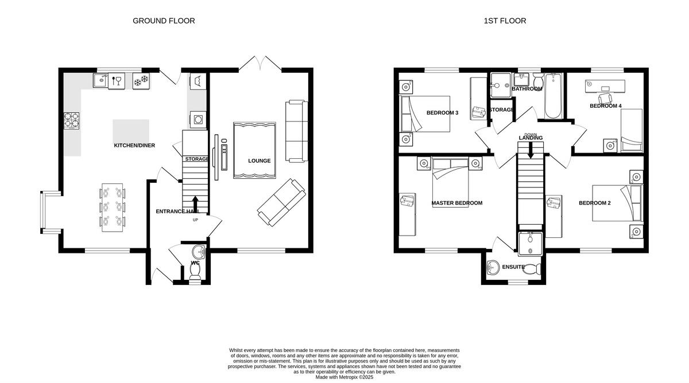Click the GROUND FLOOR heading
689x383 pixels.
click(164, 21)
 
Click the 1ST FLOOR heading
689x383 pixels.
click(505, 21)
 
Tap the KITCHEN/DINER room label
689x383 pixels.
click(134, 146)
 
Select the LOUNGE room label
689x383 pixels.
click(259, 161)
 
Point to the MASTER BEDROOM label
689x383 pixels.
click(456, 203)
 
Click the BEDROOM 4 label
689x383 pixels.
click(605, 106)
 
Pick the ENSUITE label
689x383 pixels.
click(513, 267)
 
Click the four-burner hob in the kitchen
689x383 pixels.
click(72, 120)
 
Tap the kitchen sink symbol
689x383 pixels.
click(100, 81)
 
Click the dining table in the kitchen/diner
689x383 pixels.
click(113, 207)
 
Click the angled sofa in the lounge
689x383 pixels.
click(281, 202)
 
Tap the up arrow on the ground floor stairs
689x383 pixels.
click(195, 204)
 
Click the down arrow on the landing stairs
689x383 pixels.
click(531, 151)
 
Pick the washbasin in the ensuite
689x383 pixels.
click(493, 267)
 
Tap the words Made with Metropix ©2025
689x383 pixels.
click(344, 377)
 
